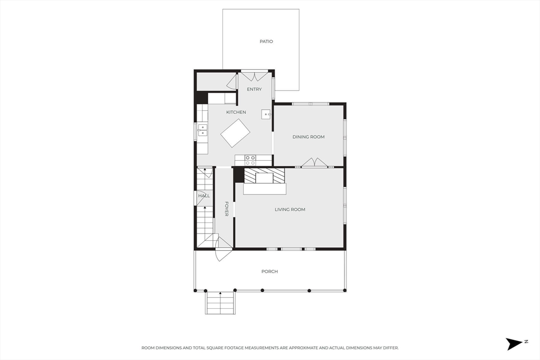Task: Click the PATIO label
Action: [266, 41]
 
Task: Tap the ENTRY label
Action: [254, 89]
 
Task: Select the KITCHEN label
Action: [236, 112]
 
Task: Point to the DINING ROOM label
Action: [308, 137]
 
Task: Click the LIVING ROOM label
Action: [290, 209]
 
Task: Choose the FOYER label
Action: [226, 209]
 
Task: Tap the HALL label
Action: [204, 196]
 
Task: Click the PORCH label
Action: [269, 271]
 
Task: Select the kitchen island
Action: [235, 133]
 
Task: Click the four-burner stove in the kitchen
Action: [250, 160]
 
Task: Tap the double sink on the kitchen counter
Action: [203, 130]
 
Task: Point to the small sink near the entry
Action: [266, 114]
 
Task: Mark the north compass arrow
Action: [515, 344]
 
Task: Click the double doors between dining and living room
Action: [314, 162]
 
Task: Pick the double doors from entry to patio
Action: [254, 75]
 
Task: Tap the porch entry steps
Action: [220, 303]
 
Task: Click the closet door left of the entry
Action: [233, 81]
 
